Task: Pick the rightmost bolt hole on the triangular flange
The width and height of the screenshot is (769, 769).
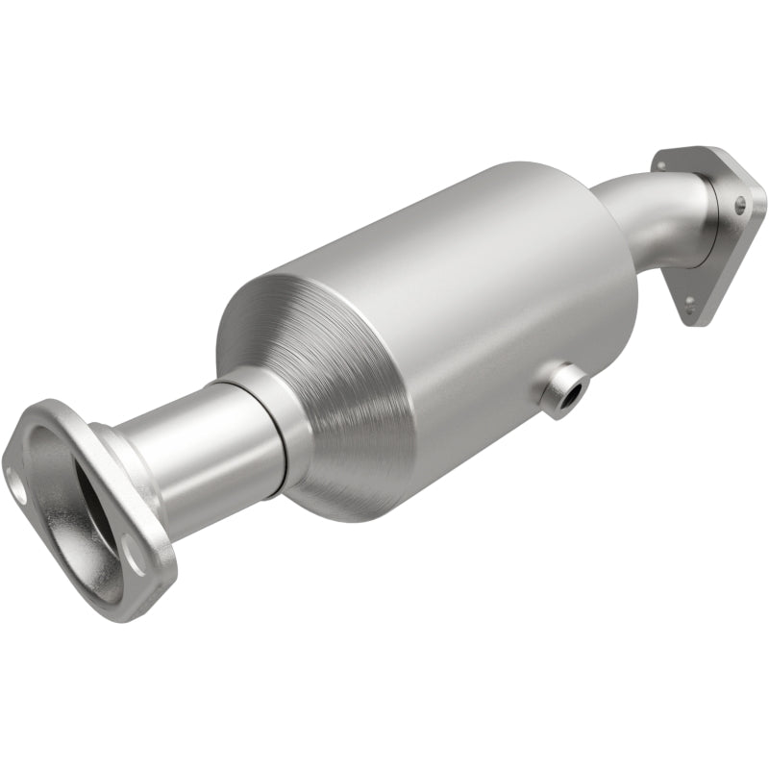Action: click(x=739, y=205)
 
